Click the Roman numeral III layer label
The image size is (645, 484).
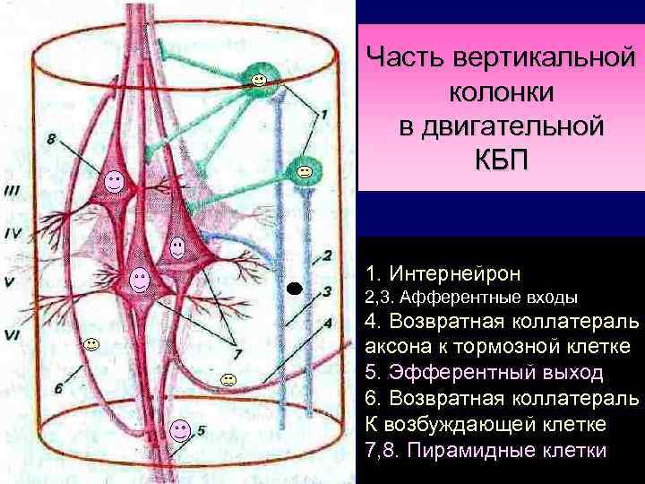(x=14, y=189)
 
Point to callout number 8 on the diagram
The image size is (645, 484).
(x=51, y=139)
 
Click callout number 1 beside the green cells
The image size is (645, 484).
(x=323, y=114)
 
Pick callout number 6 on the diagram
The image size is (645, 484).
(x=58, y=387)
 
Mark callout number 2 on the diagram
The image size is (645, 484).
(x=328, y=255)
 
